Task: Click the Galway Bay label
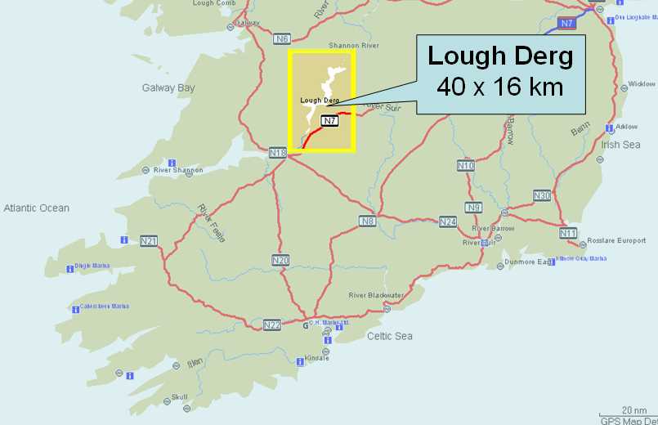[x=168, y=87]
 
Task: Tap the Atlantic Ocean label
[x=36, y=208]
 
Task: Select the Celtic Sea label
[x=390, y=336]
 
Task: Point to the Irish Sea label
[x=621, y=145]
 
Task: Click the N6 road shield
[x=282, y=38]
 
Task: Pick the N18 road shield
[x=278, y=152]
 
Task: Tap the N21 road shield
[x=149, y=240]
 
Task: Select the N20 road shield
[x=280, y=260]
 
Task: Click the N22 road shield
[x=272, y=325]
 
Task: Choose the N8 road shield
[x=367, y=221]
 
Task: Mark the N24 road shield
[x=448, y=221]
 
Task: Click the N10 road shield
[x=465, y=165]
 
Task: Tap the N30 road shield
[x=542, y=195]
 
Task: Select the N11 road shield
[x=569, y=233]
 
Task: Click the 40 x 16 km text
[x=500, y=86]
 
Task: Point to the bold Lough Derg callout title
[x=500, y=56]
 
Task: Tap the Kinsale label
[x=316, y=358]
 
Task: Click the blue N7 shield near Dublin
[x=567, y=23]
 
